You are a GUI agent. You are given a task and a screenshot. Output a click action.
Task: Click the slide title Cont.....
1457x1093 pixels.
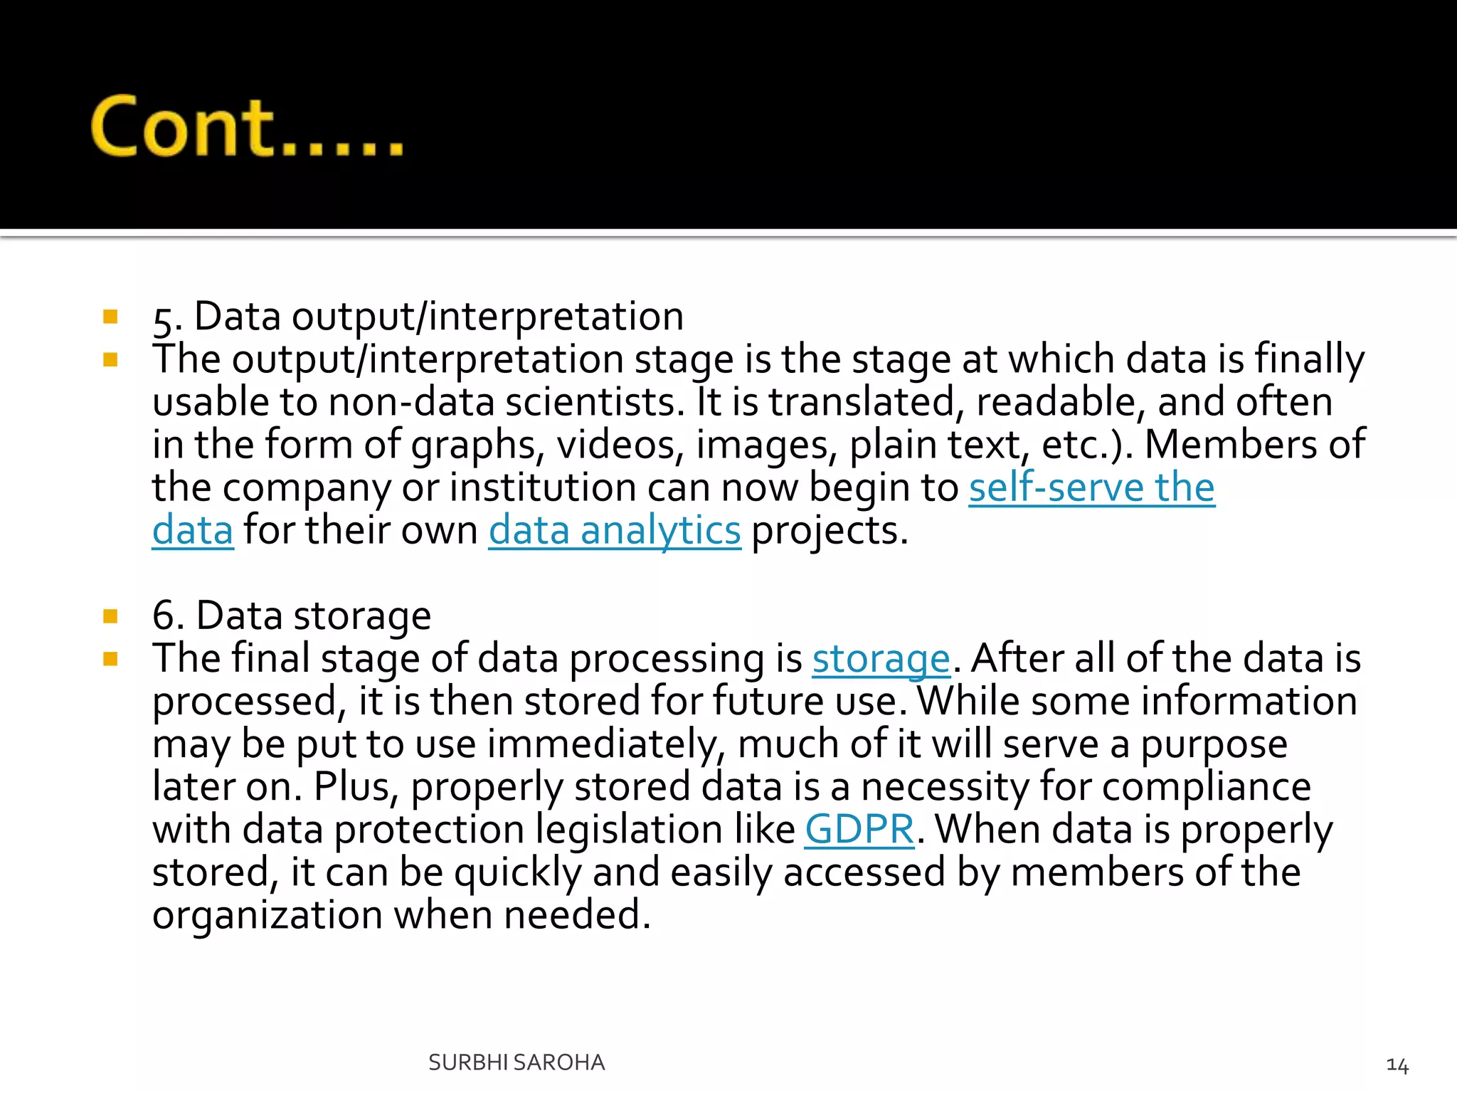tap(246, 127)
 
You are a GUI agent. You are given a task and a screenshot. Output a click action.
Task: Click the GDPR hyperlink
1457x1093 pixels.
tap(859, 830)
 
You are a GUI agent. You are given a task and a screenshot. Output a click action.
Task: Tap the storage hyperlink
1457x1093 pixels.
tap(881, 659)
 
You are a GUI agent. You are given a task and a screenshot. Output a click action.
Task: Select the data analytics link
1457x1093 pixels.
tap(615, 531)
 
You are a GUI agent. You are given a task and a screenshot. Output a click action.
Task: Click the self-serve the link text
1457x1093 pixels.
tap(1091, 488)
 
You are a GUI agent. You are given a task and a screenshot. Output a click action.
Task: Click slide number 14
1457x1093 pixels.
tap(1397, 1065)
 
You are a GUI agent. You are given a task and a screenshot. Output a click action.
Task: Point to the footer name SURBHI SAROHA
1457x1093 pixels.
tap(516, 1062)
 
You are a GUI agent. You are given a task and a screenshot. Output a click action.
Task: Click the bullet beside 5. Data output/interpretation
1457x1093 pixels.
tap(110, 317)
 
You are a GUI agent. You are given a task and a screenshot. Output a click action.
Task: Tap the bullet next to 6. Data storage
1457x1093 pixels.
tap(110, 616)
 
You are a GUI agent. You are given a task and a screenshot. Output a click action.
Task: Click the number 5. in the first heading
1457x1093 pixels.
tap(168, 318)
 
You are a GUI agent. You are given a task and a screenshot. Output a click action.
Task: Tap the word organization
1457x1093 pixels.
tap(267, 915)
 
